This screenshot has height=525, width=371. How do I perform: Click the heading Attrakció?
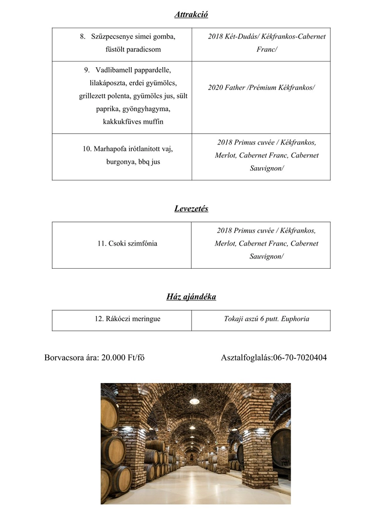pyautogui.click(x=191, y=14)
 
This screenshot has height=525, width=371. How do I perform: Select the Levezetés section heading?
pyautogui.click(x=191, y=209)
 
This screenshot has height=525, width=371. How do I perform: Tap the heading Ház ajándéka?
pyautogui.click(x=191, y=297)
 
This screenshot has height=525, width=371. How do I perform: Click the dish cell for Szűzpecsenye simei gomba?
pyautogui.click(x=122, y=43)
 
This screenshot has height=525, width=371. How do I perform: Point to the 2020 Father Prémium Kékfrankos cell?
pyautogui.click(x=261, y=88)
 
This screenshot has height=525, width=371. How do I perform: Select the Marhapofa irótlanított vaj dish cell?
pyautogui.click(x=122, y=155)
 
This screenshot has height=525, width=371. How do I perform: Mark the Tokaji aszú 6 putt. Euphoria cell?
pyautogui.click(x=266, y=319)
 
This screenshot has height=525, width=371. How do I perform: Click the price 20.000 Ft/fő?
pyautogui.click(x=123, y=357)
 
